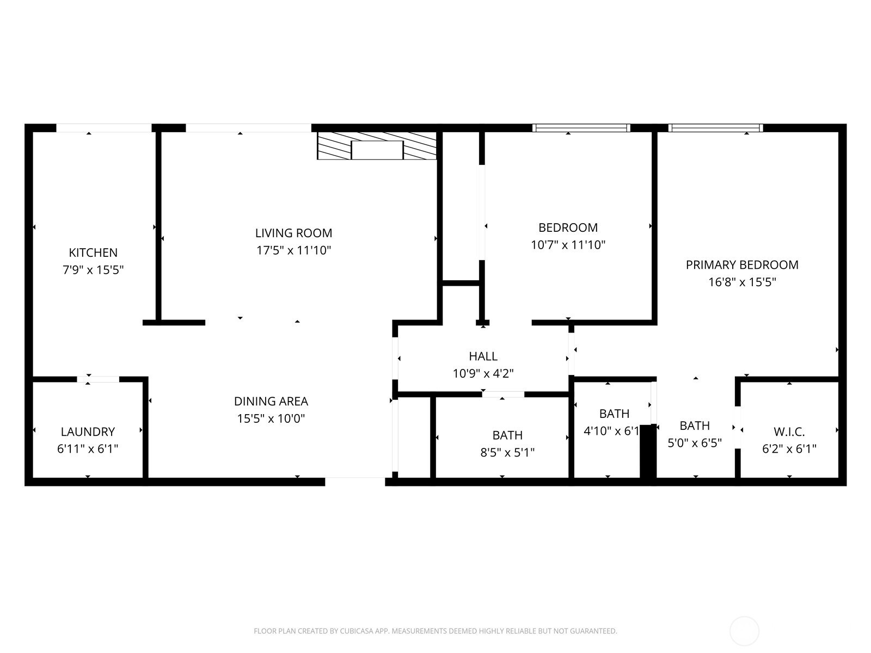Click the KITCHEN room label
[93, 252]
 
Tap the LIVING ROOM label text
[293, 233]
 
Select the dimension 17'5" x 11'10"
[293, 250]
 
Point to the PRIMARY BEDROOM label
[742, 265]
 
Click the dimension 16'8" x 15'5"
[742, 282]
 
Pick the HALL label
[483, 356]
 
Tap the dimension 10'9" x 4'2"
[483, 373]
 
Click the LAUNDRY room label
[88, 432]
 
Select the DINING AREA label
[271, 401]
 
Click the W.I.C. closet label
[789, 432]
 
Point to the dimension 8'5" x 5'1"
[507, 452]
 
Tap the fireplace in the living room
[377, 146]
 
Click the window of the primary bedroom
[715, 128]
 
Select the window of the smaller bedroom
[581, 128]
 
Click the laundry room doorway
[98, 379]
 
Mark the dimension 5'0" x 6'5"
[695, 443]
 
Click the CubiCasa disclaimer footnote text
[436, 631]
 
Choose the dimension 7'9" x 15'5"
[93, 270]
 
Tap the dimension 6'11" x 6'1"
[88, 449]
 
